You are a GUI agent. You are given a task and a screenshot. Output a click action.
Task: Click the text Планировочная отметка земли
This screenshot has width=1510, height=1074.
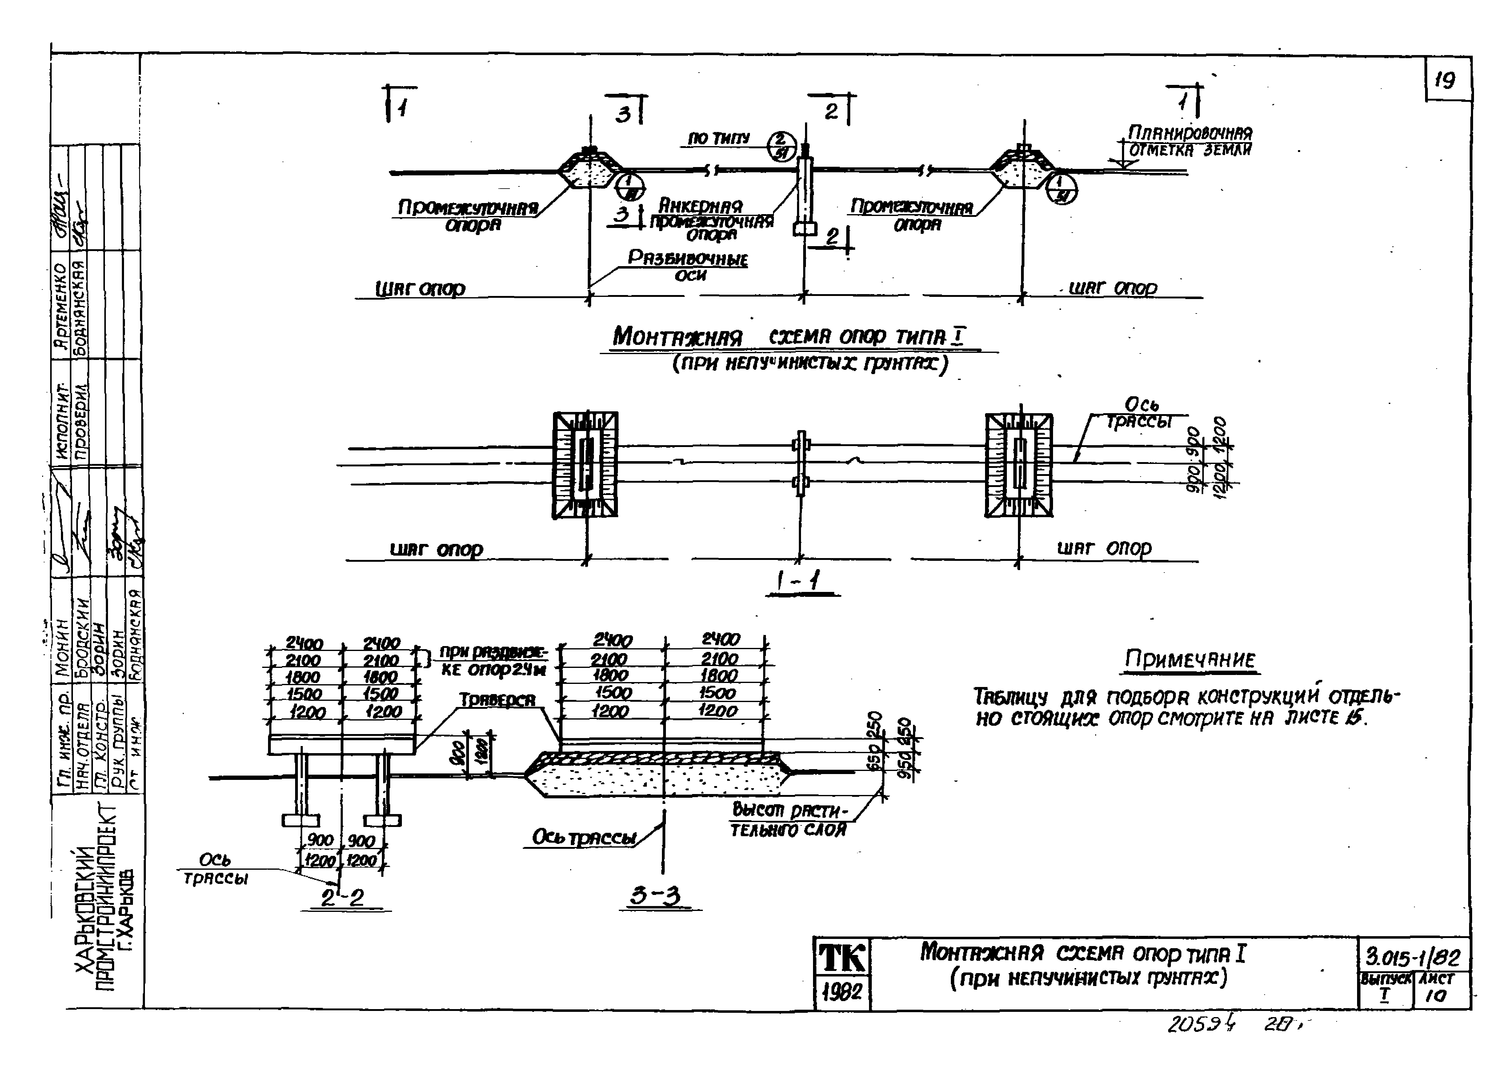coord(1189,141)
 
